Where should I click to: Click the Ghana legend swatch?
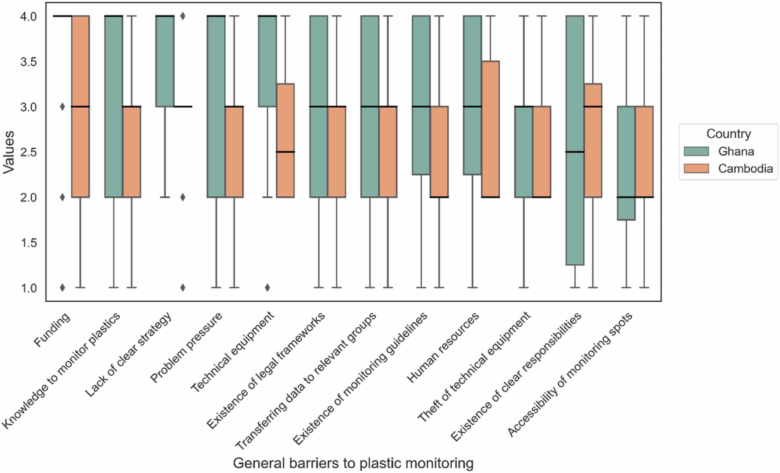pos(696,152)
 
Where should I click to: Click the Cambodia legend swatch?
pos(696,169)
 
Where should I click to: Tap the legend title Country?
pos(729,134)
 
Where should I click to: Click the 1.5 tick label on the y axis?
pos(29,243)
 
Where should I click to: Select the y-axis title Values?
pos(9,152)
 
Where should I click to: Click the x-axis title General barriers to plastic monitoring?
pos(353,464)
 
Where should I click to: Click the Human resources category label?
pos(442,348)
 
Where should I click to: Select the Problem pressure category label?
pos(186,348)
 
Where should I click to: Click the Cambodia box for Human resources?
pos(491,129)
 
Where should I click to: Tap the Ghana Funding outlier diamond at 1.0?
pos(62,287)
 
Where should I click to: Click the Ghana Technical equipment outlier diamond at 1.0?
pos(268,287)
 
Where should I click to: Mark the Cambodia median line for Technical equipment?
pos(285,152)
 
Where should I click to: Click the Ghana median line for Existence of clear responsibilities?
pos(575,152)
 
